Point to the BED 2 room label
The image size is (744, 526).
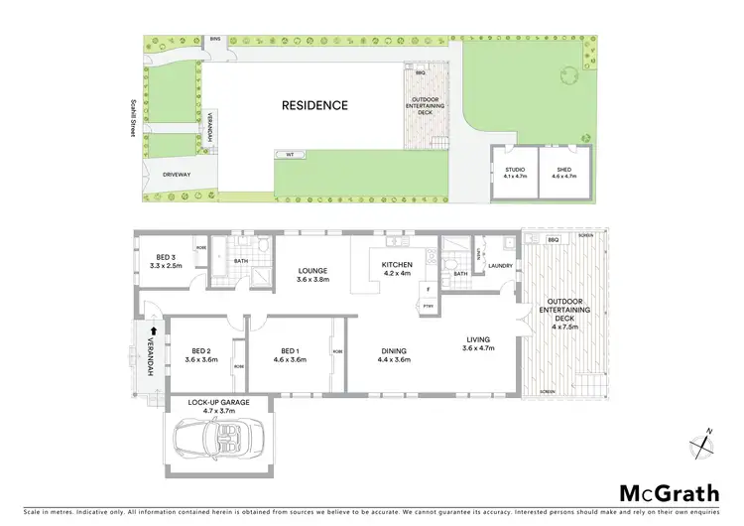point(200,355)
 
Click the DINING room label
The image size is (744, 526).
point(395,355)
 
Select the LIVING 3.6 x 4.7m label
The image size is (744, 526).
point(480,344)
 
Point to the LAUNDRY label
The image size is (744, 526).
point(500,265)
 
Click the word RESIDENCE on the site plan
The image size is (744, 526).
point(314,105)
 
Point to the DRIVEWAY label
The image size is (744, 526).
point(161,175)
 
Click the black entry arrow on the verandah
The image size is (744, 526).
point(153,334)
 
